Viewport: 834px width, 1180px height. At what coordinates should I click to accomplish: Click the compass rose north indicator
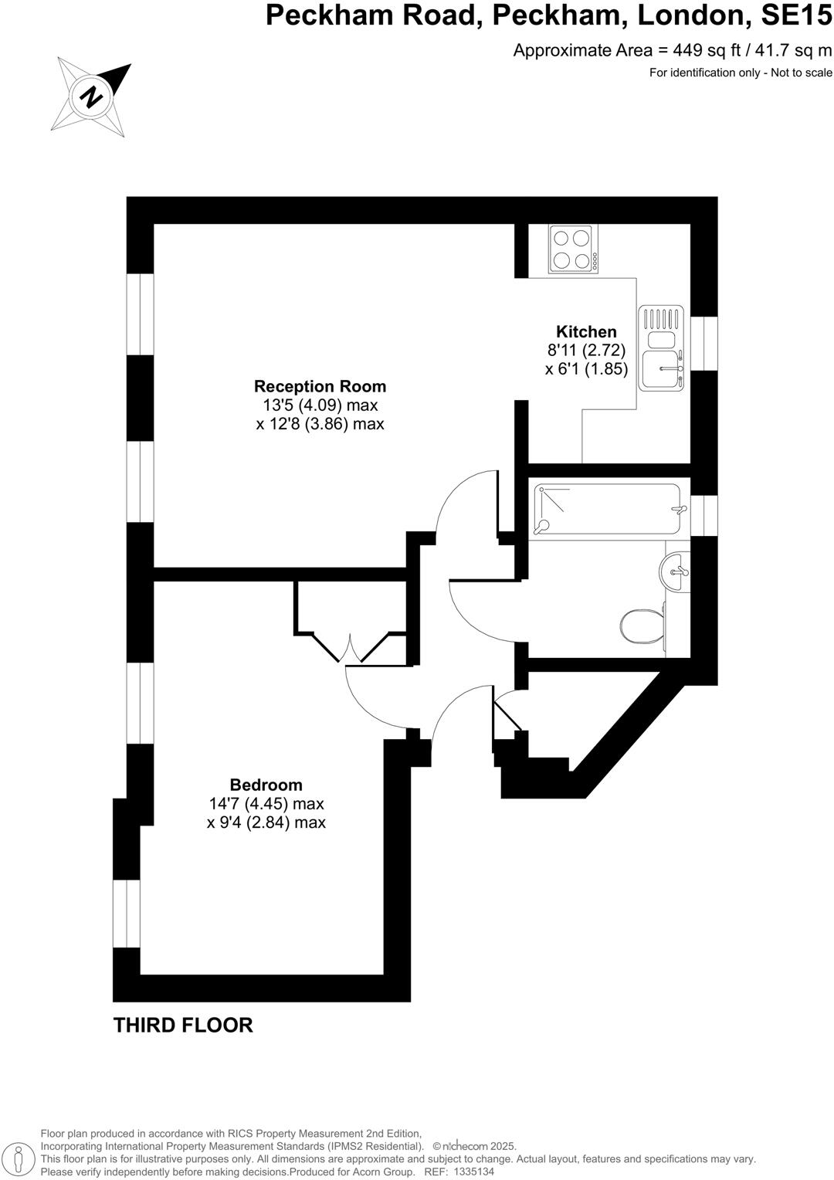click(x=91, y=97)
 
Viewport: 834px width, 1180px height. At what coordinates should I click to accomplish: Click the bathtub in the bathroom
click(x=609, y=510)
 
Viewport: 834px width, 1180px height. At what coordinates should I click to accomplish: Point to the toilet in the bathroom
click(x=641, y=625)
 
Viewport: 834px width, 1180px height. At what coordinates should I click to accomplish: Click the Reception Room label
click(x=320, y=386)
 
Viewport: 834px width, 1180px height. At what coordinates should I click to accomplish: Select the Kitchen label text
click(x=586, y=332)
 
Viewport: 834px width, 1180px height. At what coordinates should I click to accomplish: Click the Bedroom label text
click(x=266, y=785)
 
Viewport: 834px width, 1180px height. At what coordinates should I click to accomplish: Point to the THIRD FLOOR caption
click(x=183, y=1026)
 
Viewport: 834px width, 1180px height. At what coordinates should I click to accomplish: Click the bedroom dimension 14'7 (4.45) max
click(x=266, y=804)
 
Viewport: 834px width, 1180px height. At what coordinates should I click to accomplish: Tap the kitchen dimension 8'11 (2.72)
click(x=586, y=351)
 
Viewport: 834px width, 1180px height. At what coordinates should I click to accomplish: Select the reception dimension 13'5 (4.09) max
click(x=320, y=405)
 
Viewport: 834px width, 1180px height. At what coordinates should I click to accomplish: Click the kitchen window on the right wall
click(x=703, y=343)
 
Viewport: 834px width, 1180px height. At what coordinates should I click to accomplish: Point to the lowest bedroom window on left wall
click(x=127, y=914)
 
